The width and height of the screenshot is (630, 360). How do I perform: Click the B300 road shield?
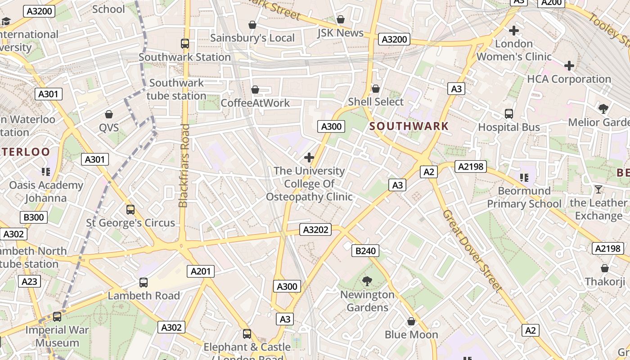(x=34, y=217)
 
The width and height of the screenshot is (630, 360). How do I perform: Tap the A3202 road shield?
(x=315, y=230)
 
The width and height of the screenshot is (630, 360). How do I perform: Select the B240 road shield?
(x=365, y=251)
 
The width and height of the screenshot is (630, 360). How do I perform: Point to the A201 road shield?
(x=201, y=271)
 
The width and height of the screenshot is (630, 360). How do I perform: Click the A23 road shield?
(x=30, y=282)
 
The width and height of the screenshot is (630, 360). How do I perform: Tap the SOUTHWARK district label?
(x=409, y=126)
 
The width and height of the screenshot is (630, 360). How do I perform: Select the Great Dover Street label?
(x=472, y=251)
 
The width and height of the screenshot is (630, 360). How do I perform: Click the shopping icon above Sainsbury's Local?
(x=252, y=25)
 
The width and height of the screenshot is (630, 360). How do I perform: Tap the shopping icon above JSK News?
(x=341, y=19)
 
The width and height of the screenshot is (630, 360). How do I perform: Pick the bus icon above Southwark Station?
(x=185, y=44)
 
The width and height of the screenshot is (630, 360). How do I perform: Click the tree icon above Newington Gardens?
(x=367, y=282)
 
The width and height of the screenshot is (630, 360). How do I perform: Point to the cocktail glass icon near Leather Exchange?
(x=598, y=189)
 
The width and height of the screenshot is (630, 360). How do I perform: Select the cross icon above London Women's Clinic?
(x=514, y=31)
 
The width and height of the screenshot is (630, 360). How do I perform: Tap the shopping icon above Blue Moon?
(x=411, y=321)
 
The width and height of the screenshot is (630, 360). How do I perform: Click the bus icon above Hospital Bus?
(x=509, y=114)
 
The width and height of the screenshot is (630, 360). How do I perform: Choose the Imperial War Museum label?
(x=52, y=336)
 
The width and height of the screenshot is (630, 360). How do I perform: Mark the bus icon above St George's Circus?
(x=130, y=210)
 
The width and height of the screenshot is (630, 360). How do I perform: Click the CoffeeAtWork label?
(x=255, y=103)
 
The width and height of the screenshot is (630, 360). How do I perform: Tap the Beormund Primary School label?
(x=524, y=198)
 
